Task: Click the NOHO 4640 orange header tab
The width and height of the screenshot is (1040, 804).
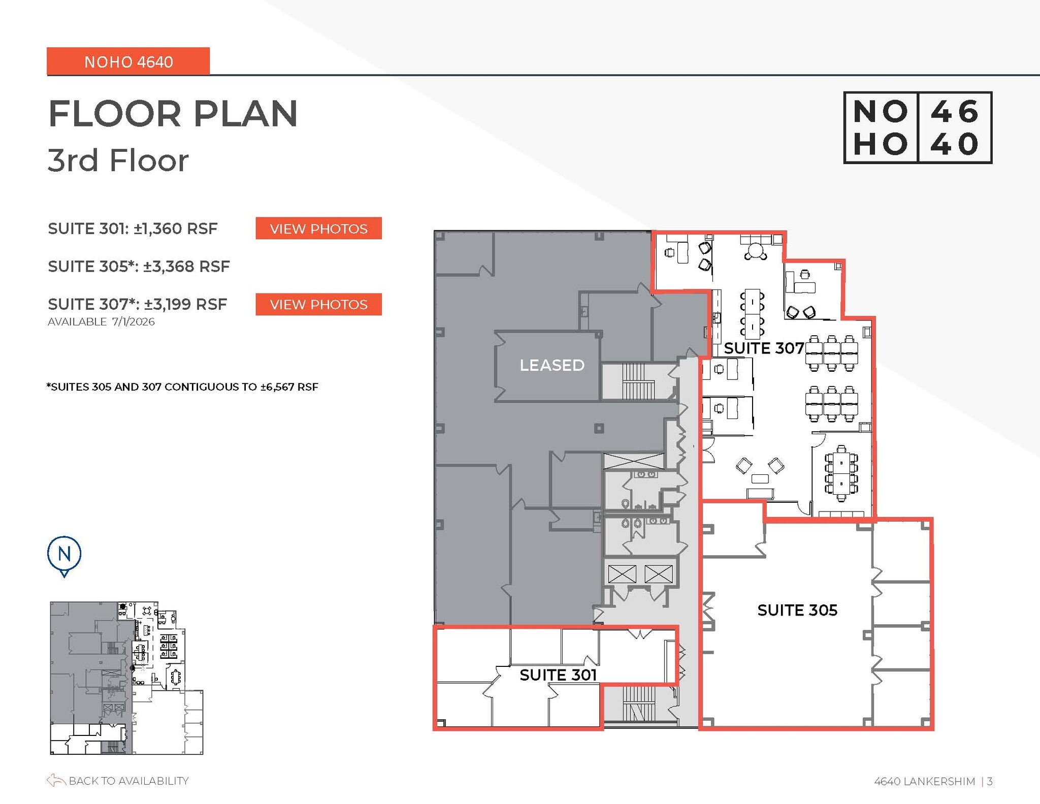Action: [x=128, y=61]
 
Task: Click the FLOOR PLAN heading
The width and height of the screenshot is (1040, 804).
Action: [x=173, y=113]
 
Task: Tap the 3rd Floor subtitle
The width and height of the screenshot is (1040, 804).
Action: [x=118, y=160]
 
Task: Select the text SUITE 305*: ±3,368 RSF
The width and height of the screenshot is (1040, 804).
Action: [x=139, y=266]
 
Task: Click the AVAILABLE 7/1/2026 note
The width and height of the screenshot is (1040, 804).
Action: [x=101, y=322]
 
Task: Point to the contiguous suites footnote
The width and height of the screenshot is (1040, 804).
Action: [x=182, y=387]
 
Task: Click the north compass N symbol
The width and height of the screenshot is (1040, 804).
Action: [x=64, y=554]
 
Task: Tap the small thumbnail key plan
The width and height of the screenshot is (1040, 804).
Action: [x=126, y=678]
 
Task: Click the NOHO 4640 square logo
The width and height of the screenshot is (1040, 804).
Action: [x=917, y=127]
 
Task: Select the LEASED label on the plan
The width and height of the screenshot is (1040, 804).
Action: [x=552, y=365]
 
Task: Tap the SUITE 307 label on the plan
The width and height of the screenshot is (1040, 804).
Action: [x=763, y=348]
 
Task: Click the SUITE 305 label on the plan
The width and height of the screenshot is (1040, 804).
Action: [x=797, y=610]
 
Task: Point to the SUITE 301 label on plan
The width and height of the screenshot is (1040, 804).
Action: [x=558, y=675]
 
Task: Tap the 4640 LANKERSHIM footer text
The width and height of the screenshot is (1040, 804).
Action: [x=924, y=781]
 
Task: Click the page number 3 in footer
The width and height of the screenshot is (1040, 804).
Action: [x=990, y=781]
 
